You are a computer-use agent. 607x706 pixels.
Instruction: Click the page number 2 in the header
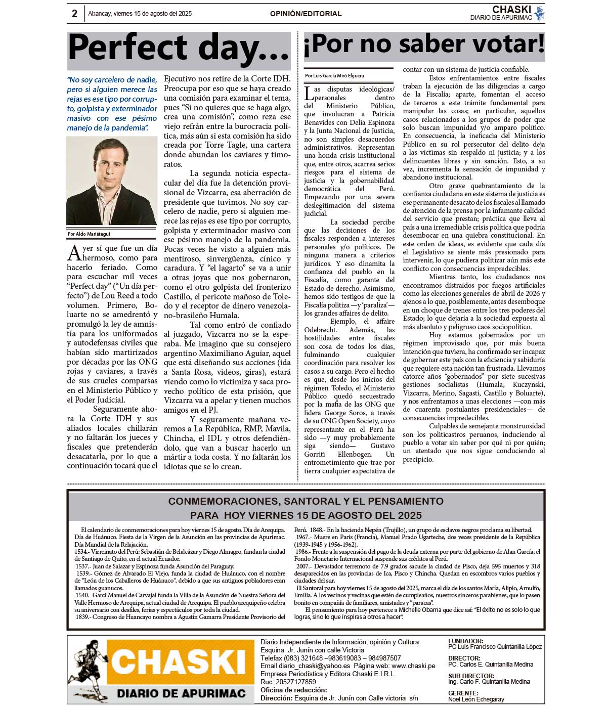coord(74,14)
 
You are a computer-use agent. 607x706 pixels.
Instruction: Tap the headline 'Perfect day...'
coord(179,48)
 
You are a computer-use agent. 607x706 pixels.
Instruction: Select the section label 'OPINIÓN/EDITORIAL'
coord(306,14)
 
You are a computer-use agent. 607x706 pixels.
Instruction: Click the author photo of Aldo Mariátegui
coord(112,181)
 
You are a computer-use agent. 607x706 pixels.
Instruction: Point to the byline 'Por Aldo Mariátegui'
coord(89,234)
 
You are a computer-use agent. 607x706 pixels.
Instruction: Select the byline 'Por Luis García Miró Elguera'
coord(334,76)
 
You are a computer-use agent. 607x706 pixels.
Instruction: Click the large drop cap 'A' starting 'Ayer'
coord(74,252)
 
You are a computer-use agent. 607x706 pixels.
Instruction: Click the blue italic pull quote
coord(112,104)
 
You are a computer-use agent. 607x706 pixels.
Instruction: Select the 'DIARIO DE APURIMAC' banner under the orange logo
coord(181,693)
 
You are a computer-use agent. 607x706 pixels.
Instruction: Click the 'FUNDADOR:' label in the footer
coord(465,641)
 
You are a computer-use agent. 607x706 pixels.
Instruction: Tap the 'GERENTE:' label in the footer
coord(463,693)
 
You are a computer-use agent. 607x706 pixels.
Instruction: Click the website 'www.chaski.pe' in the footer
coord(413,666)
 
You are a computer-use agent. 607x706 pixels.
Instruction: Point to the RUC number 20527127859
coord(296,682)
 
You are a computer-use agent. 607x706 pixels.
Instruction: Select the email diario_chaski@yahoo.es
coord(315,666)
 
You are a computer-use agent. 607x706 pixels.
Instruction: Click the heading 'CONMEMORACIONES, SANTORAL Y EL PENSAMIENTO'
coord(306,501)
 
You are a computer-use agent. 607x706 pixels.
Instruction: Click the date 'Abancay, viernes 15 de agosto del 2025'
coord(140,14)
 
